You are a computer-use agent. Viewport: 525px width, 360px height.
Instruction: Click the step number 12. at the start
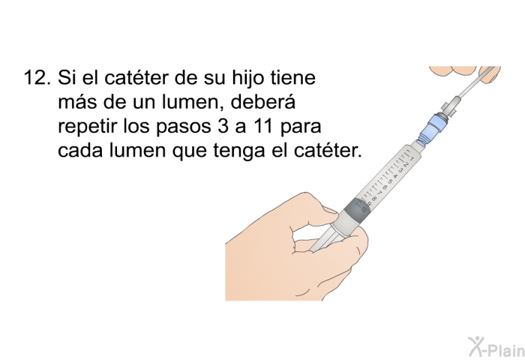pos(37,78)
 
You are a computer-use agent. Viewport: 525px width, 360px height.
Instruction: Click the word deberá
pos(262,102)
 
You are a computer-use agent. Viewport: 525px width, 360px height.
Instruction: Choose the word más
pos(78,102)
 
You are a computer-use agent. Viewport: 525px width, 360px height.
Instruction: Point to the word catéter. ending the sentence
pos(328,150)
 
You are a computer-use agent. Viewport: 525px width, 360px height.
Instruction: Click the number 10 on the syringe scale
pos(364,210)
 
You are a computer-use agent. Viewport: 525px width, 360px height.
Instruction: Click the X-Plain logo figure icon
pos(475,346)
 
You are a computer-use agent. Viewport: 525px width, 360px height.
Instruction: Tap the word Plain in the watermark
pos(505,350)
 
